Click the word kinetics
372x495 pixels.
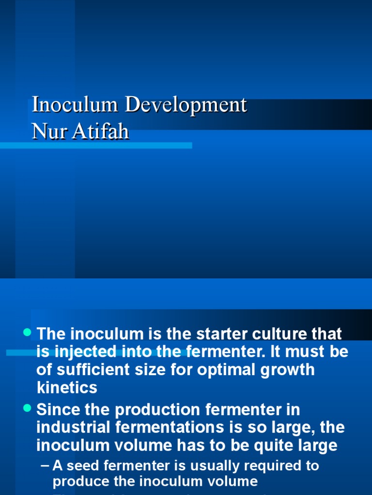point(67,388)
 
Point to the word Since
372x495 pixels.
point(56,410)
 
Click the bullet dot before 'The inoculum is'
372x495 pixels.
point(27,333)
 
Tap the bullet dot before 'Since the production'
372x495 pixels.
point(27,409)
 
